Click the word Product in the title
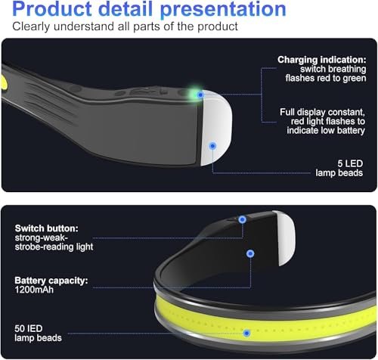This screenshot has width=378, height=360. (52, 9)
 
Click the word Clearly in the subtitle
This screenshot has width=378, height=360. (31, 26)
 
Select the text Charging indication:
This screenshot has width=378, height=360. (322, 60)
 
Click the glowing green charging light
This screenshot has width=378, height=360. (195, 93)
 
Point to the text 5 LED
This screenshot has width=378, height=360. (350, 163)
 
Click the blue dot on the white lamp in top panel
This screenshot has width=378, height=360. (212, 146)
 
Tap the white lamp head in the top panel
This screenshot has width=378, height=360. (216, 128)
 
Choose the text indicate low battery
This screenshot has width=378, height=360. (326, 131)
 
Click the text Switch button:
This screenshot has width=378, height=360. (47, 228)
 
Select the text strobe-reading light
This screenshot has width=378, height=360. (54, 247)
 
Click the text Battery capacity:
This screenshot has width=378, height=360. (51, 281)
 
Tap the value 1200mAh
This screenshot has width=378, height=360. (34, 290)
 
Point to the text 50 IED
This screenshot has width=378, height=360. (29, 329)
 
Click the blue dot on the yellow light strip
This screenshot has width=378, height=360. (246, 334)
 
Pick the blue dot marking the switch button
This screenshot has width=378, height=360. (242, 219)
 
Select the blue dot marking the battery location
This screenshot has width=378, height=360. (250, 253)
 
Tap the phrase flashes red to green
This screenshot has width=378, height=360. (326, 79)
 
